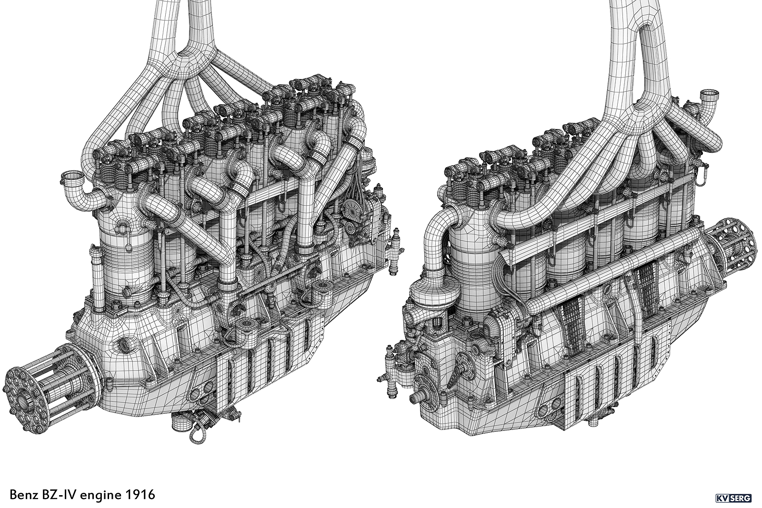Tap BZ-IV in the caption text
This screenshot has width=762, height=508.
click(59, 494)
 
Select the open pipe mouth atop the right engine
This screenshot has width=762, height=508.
click(710, 95)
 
